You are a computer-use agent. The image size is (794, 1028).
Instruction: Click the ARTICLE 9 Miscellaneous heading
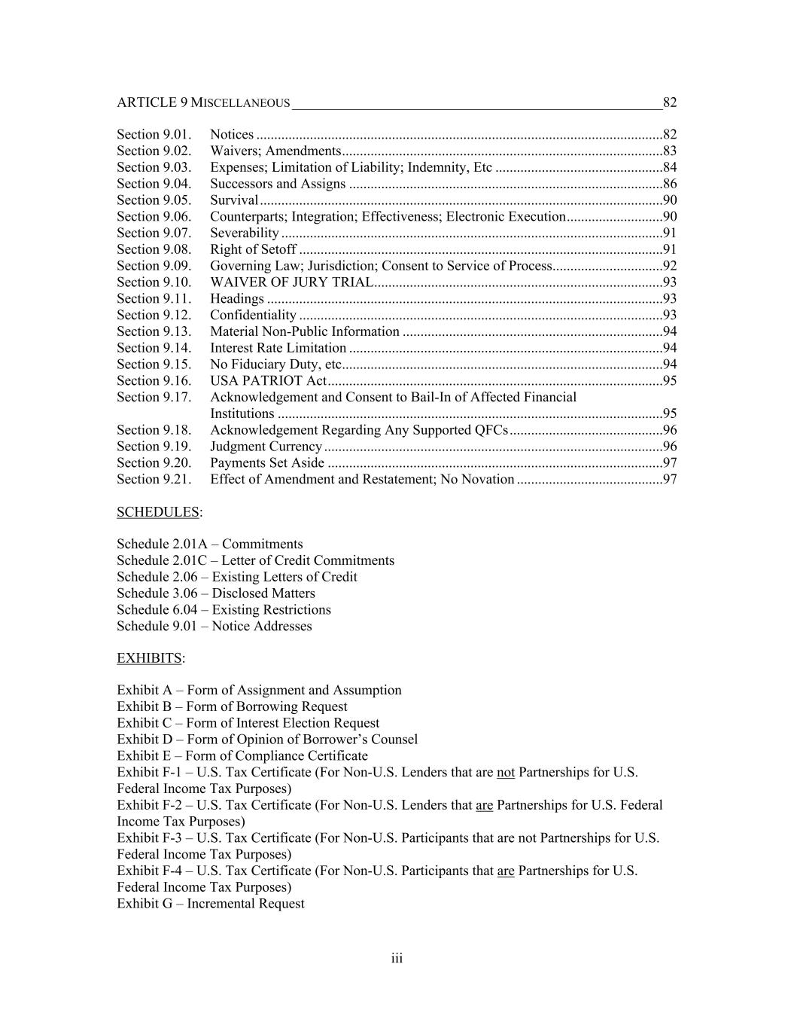coord(203,102)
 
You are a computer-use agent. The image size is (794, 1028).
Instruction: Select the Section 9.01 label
coord(154,135)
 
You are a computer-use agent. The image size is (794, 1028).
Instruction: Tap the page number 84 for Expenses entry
coord(669,167)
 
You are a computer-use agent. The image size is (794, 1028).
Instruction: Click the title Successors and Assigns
coord(278,184)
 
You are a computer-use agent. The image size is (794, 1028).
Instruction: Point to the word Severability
coord(245,233)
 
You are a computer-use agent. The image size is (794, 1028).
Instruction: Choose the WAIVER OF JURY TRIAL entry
coord(291,282)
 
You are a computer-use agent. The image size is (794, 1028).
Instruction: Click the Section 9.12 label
coord(154,316)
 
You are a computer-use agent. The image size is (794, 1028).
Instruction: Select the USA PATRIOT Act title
coord(268,381)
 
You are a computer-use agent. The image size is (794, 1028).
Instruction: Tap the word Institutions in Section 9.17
coord(242,414)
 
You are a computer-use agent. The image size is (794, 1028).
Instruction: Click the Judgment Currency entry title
coord(266,447)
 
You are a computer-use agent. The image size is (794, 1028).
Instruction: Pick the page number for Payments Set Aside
coord(669,463)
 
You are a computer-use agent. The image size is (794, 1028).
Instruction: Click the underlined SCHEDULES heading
coord(158,513)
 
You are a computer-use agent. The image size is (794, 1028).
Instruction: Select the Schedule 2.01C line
coord(255,561)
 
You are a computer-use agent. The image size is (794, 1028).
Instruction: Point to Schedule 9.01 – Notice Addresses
coord(214,627)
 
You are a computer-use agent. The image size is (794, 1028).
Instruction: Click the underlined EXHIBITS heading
coord(149,659)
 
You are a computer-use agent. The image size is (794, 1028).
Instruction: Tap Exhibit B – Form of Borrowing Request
coord(232,707)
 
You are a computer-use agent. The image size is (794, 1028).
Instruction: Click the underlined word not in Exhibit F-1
coord(505,773)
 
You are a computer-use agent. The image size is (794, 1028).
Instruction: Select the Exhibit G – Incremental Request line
coord(211,904)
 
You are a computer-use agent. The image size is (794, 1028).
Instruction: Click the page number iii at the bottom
coord(397,959)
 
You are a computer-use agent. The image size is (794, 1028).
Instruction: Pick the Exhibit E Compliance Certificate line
coord(242,756)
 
